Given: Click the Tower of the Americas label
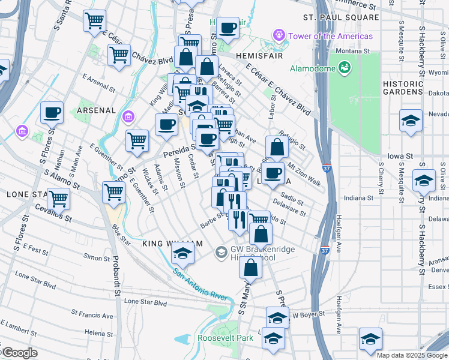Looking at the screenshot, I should tap(330, 36).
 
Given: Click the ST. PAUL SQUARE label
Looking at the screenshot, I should tap(341, 17).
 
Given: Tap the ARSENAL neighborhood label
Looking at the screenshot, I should tap(96, 110).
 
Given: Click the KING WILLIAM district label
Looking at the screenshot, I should tap(169, 244).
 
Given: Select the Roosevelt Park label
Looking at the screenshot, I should tap(226, 338).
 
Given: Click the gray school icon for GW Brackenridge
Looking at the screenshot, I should tap(221, 253).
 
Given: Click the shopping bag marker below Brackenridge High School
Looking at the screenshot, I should tap(250, 267).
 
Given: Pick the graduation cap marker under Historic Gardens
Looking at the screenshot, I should tap(410, 120).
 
